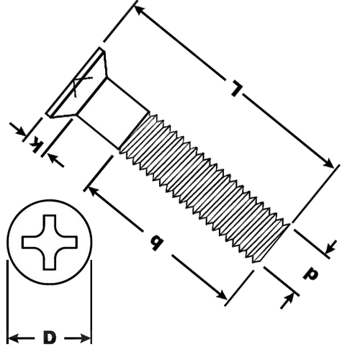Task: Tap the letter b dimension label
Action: coord(156,243)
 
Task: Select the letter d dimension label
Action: coord(310,274)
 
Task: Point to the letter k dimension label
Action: coord(36,145)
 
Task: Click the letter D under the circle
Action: coord(50,337)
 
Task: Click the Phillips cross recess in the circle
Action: coord(50,242)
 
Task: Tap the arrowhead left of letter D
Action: coord(14,338)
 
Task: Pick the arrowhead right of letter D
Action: coord(86,338)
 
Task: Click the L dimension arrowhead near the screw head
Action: coord(140,10)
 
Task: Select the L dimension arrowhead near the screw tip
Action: coord(328,163)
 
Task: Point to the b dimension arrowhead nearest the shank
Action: coord(94,192)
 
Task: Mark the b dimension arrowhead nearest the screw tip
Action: coord(221,294)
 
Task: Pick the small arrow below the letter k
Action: coord(55,161)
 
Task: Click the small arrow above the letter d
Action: coord(331,247)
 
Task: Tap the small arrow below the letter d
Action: coord(287,301)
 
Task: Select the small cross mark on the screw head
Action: coord(81,86)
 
